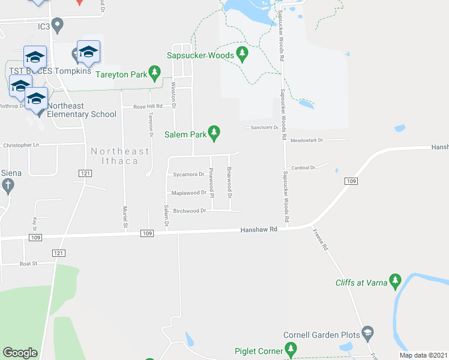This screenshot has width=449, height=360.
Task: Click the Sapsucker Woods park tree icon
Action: pyautogui.click(x=243, y=55)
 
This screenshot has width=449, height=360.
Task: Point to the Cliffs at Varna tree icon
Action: pyautogui.click(x=395, y=280)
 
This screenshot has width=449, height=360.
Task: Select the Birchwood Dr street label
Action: pyautogui.click(x=189, y=211)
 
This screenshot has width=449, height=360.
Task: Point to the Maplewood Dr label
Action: pyautogui.click(x=188, y=193)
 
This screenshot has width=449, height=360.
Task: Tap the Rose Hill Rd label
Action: pyautogui.click(x=148, y=107)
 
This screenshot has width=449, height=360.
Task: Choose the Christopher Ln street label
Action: pyautogui.click(x=21, y=145)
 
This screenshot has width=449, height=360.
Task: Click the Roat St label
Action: pyautogui.click(x=28, y=263)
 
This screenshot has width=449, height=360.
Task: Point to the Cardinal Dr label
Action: pyautogui.click(x=303, y=168)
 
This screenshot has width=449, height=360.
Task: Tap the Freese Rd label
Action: pyautogui.click(x=321, y=239)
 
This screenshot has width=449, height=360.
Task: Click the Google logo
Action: pyautogui.click(x=20, y=353)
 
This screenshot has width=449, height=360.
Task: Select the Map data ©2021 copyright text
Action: pyautogui.click(x=423, y=355)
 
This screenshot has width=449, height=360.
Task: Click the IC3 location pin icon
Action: pyautogui.click(x=58, y=25)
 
